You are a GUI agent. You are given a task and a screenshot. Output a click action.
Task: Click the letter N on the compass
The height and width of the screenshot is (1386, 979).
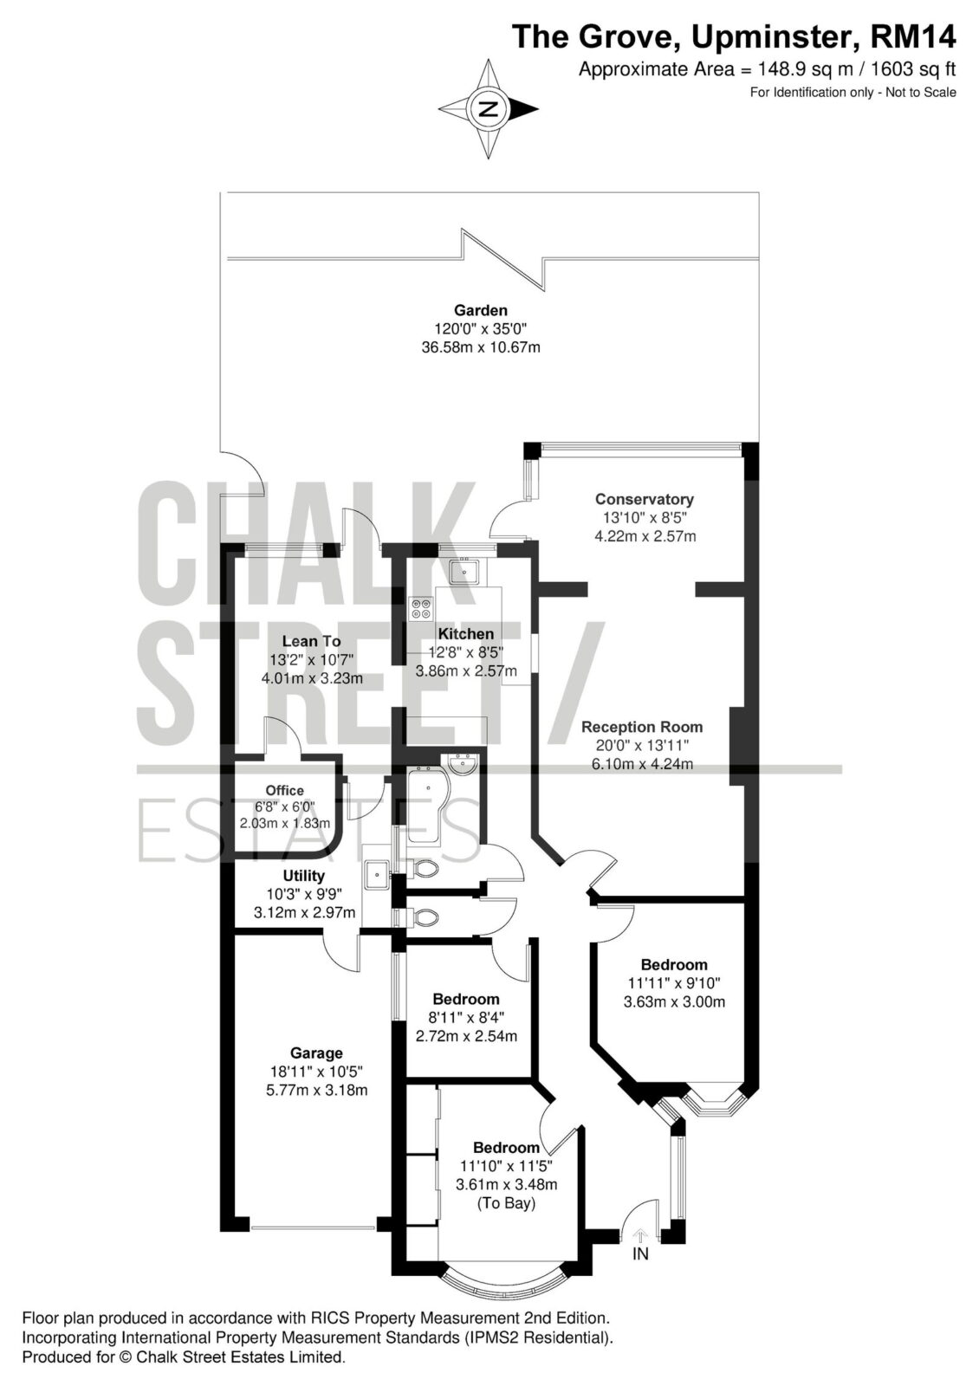[x=489, y=110]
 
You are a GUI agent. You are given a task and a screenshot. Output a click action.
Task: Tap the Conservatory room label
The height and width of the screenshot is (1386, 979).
[x=645, y=499]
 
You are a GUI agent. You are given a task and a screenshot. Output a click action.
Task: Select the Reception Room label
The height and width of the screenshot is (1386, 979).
[x=642, y=727]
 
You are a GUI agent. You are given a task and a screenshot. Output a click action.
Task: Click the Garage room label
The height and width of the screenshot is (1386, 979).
[x=316, y=1053]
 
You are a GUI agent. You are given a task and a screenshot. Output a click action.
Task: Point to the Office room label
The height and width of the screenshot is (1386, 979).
[x=285, y=790]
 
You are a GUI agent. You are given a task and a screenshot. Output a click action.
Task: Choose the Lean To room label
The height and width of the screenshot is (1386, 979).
[x=311, y=642]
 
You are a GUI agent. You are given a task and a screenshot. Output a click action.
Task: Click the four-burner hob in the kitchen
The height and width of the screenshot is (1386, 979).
[x=422, y=607]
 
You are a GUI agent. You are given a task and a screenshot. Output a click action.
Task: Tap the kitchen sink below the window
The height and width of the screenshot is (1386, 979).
[x=463, y=571]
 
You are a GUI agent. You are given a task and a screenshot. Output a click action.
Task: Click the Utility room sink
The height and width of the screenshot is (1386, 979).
[x=377, y=874]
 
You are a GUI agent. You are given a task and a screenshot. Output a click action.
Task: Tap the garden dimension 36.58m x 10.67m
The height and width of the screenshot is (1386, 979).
[x=481, y=347]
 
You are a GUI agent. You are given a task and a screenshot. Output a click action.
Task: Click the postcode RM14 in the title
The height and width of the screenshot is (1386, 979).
[x=913, y=37]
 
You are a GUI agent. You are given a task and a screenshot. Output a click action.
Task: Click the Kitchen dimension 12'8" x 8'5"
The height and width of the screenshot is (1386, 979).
[x=466, y=652]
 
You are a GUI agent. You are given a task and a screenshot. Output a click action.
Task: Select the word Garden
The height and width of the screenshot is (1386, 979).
[x=481, y=310]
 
